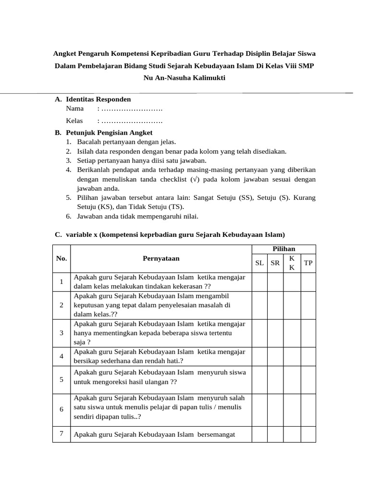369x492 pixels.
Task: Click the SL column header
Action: coord(260,263)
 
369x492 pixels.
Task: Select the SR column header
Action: coord(275,263)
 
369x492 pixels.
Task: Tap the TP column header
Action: coord(308,263)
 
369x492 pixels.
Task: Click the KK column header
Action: coord(292,263)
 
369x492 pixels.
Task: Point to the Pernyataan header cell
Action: coord(161,258)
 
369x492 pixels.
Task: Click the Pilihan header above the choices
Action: coord(284,249)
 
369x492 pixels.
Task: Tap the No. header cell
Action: coord(61,258)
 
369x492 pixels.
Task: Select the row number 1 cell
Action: coord(61,282)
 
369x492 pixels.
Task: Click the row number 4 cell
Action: coord(61,357)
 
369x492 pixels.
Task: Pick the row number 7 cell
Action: coord(61,434)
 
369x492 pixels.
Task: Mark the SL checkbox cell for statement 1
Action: coord(260,282)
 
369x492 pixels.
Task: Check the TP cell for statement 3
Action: coord(308,333)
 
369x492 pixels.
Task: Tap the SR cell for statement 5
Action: coord(275,380)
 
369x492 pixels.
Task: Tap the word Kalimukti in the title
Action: coord(207,77)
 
